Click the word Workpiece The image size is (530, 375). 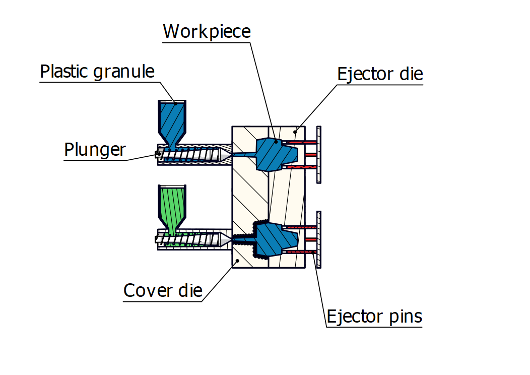(207, 32)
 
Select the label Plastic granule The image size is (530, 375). (97, 72)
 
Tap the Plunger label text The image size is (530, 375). (95, 150)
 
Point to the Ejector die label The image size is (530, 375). (380, 74)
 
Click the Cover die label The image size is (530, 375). (163, 290)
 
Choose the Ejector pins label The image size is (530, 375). (374, 317)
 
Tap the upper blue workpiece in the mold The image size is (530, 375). (269, 154)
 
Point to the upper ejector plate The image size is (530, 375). (319, 154)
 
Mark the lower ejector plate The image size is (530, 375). (319, 239)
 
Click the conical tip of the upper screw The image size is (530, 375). (226, 155)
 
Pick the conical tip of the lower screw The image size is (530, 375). (226, 239)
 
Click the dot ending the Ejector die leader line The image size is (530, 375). (296, 132)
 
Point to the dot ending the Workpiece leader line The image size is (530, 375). (275, 141)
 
